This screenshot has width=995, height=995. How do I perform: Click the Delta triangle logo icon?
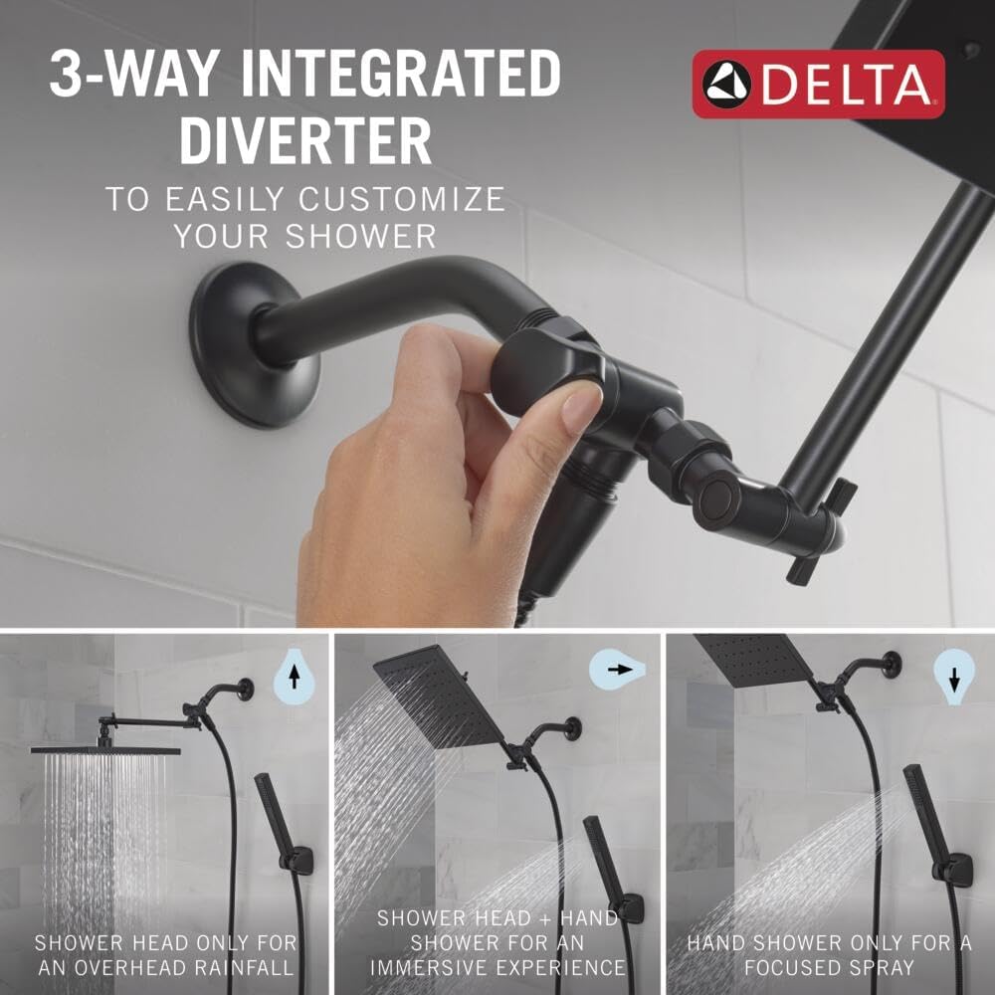coord(724,84)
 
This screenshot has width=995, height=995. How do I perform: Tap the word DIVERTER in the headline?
coord(305,141)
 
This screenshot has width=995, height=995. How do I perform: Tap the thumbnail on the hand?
coord(579,408)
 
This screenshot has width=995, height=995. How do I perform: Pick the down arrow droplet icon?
coord(953,678)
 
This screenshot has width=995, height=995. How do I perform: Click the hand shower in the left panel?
coord(276,816)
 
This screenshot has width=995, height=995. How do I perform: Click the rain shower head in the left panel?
coord(104,747)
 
